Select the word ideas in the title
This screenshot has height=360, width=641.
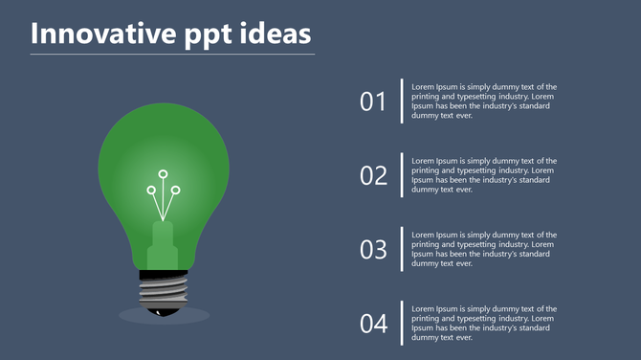click(x=276, y=34)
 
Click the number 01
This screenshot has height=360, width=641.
click(x=373, y=101)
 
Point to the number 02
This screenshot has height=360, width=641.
click(x=373, y=175)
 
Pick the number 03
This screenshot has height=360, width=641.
click(x=373, y=250)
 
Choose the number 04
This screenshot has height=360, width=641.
click(x=373, y=324)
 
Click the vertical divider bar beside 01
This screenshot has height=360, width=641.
click(x=402, y=101)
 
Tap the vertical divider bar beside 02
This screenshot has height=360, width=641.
click(x=402, y=175)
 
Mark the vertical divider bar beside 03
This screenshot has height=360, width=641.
click(x=402, y=249)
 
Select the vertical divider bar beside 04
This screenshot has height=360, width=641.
click(x=402, y=324)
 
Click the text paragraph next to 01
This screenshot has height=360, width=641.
click(x=484, y=101)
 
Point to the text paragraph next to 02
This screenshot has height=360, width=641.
click(x=484, y=175)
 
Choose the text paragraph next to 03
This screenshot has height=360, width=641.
click(x=484, y=249)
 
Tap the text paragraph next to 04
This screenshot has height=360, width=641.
click(x=484, y=323)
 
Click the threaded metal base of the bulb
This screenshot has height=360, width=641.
click(x=164, y=288)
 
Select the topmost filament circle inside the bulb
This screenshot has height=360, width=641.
click(x=163, y=174)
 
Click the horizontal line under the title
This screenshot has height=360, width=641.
click(x=172, y=55)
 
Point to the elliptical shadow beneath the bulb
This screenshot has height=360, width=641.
click(x=196, y=315)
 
